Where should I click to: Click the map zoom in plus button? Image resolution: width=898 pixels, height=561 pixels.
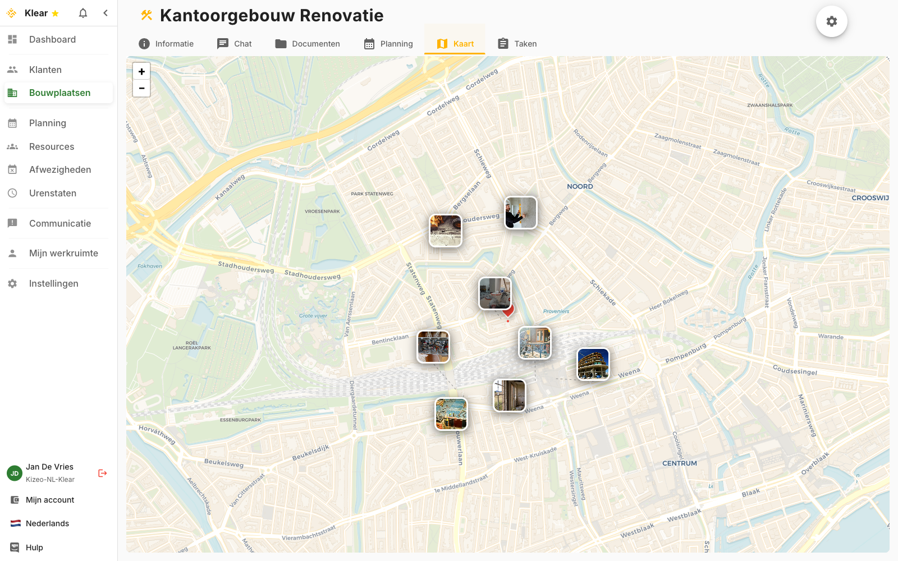[x=141, y=72]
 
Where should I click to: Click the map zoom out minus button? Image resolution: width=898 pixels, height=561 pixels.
[x=141, y=88]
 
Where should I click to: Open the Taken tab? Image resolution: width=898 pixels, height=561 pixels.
[x=517, y=44]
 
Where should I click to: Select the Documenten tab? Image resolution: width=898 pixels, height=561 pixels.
[x=308, y=44]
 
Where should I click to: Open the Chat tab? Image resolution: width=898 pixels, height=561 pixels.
[x=235, y=44]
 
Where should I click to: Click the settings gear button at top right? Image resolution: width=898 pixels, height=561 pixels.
[x=831, y=21]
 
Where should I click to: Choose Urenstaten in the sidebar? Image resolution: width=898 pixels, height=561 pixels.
[x=53, y=193]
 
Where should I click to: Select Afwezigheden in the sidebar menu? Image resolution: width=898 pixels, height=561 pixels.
[x=60, y=169]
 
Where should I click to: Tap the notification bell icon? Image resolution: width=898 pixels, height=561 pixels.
[x=83, y=13]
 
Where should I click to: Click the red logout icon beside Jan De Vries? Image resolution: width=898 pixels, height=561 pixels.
[x=103, y=473]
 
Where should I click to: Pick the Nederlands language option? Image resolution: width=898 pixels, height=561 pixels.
[x=47, y=523]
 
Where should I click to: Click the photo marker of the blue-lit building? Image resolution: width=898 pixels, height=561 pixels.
[x=593, y=364]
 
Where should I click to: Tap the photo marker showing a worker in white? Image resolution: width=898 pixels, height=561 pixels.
[x=520, y=213]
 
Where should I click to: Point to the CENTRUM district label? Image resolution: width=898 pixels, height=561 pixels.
[x=679, y=463]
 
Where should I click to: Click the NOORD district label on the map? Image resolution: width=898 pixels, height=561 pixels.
[x=580, y=186]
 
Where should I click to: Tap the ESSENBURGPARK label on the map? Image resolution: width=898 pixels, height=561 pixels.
[x=240, y=420]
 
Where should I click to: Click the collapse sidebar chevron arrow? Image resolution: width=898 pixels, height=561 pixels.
[x=106, y=13]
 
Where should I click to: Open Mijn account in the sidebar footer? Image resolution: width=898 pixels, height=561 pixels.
[x=50, y=500]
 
